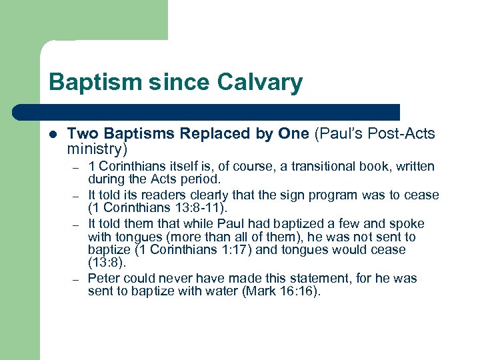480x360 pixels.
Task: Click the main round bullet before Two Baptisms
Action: (x=53, y=134)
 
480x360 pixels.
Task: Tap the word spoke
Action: (x=407, y=223)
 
